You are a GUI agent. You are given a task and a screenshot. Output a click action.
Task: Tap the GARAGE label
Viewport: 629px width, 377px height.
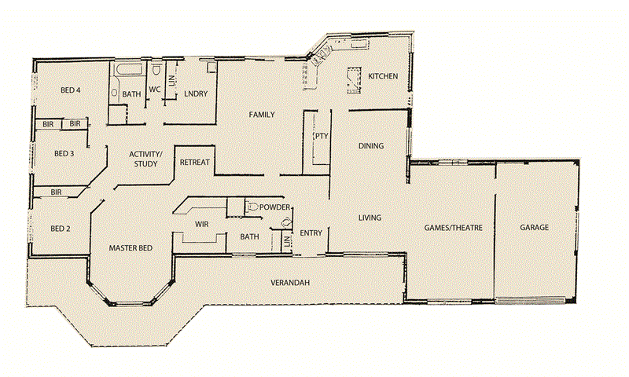(534, 228)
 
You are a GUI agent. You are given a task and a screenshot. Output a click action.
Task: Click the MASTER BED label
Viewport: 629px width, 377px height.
(130, 248)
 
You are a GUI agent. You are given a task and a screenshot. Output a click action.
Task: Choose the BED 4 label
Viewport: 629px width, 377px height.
(71, 90)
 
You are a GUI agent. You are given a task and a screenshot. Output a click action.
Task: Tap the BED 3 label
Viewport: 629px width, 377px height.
(64, 153)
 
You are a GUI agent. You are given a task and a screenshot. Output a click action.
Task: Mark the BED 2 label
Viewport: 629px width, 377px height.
(61, 229)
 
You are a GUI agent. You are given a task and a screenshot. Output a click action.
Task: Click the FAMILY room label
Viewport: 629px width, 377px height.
(261, 115)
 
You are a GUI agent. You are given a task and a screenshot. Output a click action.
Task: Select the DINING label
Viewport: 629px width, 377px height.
(370, 146)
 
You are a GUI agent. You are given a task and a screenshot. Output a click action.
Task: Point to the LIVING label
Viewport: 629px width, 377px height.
(370, 218)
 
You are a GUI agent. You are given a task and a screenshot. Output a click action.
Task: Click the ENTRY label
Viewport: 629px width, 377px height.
(311, 232)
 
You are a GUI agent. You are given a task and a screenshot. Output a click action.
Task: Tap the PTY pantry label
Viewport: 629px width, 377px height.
(321, 136)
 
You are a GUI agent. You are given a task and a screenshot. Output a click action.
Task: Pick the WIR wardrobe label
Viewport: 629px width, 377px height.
(200, 225)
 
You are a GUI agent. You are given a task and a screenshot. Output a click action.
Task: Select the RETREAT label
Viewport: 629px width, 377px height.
(194, 163)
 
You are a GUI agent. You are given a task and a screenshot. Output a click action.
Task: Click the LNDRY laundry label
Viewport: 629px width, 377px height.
(196, 94)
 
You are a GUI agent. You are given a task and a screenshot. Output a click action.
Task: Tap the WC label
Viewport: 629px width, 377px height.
(156, 90)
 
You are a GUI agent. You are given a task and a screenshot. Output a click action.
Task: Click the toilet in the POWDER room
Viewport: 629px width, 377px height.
(252, 207)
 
